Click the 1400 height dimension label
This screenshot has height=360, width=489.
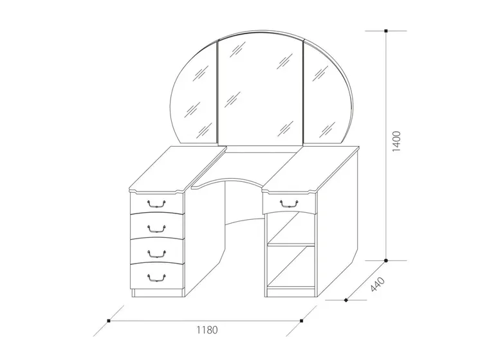[x=396, y=141]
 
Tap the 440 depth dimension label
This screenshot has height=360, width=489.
[x=378, y=284]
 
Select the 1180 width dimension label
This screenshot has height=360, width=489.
[x=207, y=329]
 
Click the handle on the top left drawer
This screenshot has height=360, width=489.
[x=156, y=204]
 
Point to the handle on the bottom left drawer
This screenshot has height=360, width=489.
[x=156, y=278]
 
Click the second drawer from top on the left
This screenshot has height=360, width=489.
[x=156, y=226]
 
